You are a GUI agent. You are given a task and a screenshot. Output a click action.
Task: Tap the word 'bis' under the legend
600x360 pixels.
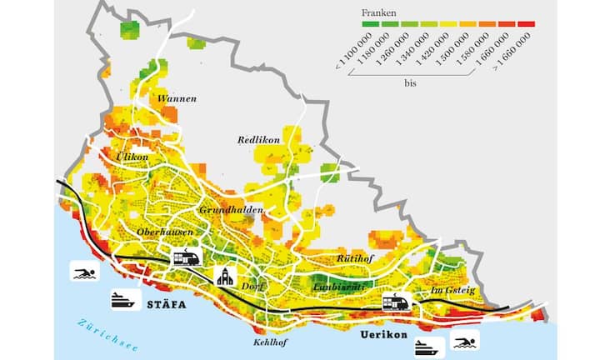tap(411, 83)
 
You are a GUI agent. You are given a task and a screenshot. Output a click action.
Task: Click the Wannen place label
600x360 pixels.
tap(177, 98)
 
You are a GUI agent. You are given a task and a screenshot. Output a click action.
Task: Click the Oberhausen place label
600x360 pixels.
tap(166, 232)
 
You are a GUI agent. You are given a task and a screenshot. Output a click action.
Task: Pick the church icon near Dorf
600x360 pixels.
tap(225, 276)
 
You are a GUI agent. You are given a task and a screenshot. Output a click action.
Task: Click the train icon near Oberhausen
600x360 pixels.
tap(186, 257)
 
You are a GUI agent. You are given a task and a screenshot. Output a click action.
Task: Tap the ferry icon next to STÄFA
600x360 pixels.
tap(122, 300)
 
